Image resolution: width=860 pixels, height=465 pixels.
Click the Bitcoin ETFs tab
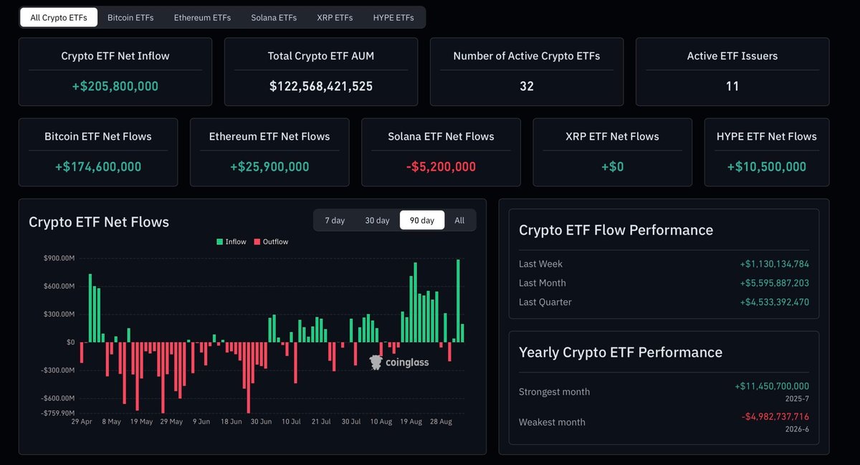(x=130, y=18)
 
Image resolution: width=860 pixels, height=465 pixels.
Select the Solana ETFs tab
(x=274, y=18)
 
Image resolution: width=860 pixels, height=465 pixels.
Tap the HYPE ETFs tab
(x=393, y=18)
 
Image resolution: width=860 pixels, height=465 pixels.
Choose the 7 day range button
(x=335, y=221)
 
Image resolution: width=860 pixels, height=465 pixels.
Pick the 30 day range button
(x=377, y=221)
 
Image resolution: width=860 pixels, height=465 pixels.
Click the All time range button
(x=459, y=221)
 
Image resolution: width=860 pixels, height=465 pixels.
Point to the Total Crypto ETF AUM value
(x=321, y=86)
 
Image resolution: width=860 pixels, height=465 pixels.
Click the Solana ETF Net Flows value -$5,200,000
(x=441, y=167)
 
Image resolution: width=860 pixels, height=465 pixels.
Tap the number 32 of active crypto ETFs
(x=527, y=86)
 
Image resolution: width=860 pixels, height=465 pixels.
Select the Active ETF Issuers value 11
(x=732, y=86)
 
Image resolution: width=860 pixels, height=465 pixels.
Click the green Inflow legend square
(x=219, y=241)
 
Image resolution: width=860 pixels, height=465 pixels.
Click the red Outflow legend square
(x=257, y=241)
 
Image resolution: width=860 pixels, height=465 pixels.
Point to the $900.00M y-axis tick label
(x=59, y=258)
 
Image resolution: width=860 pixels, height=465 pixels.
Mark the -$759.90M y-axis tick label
(x=57, y=413)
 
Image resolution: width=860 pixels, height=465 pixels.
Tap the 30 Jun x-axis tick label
(x=261, y=421)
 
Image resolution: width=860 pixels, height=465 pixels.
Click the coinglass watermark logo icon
(x=376, y=362)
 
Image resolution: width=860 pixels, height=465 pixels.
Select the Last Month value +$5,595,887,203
(x=775, y=283)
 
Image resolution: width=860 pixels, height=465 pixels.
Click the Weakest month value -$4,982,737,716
(x=775, y=416)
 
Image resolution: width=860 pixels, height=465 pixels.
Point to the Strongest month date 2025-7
(x=797, y=398)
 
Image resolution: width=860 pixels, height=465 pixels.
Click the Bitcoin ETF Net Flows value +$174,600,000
(x=98, y=167)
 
